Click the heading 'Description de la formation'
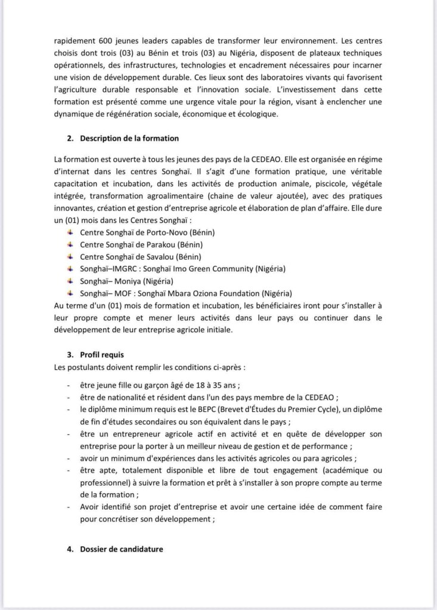point(129,138)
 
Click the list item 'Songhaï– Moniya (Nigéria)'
point(126,281)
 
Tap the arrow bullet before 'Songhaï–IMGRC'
point(70,268)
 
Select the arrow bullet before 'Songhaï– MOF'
point(70,293)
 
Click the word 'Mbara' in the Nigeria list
point(197,293)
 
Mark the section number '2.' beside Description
point(70,138)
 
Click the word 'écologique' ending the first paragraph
point(256,113)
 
